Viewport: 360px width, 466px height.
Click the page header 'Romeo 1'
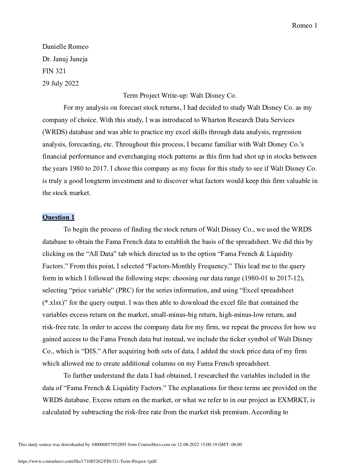[x=304, y=26]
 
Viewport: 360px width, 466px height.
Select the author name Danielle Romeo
[x=65, y=47]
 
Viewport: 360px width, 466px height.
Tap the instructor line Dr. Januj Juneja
[x=65, y=59]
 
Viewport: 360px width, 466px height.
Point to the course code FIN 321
[x=54, y=71]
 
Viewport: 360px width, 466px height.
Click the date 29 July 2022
[x=61, y=84]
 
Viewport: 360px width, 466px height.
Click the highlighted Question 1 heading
[x=59, y=217]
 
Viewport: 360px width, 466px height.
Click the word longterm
[x=97, y=181]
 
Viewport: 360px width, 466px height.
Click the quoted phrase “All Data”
[x=100, y=254]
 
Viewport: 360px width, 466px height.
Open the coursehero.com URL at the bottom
[x=88, y=462]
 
